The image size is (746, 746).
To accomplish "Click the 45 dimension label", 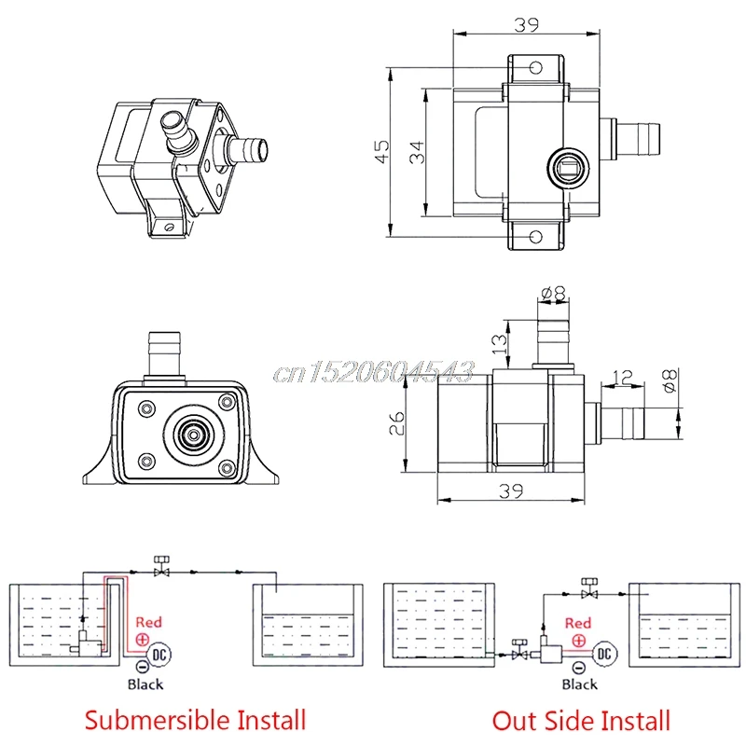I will tap(382, 151).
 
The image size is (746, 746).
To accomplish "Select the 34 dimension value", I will tap(417, 151).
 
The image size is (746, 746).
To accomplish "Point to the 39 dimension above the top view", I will tap(526, 25).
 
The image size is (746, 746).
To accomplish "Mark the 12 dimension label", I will tap(623, 378).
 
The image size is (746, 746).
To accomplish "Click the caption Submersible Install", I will tap(195, 719).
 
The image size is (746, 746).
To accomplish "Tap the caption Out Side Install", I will tap(581, 720).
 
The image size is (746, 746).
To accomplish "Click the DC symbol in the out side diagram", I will tap(604, 654).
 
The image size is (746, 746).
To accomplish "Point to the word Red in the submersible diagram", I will tap(149, 621).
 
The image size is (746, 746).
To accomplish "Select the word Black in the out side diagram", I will tap(579, 684).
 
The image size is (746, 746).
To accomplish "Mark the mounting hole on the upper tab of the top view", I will tap(535, 68).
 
